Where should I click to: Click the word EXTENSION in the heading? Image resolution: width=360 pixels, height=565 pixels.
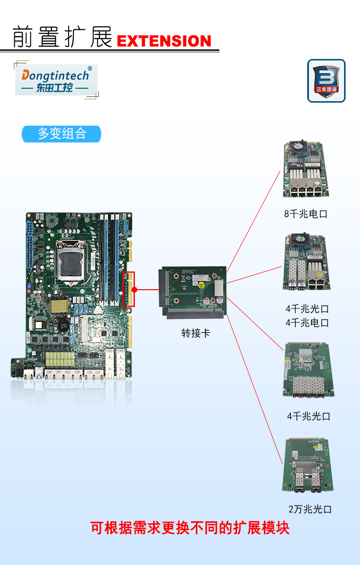tap(164, 41)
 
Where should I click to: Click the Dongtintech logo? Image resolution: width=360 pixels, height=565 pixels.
tap(56, 80)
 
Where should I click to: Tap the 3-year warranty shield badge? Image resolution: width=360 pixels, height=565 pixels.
tap(326, 81)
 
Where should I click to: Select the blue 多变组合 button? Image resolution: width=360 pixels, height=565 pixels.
tap(61, 134)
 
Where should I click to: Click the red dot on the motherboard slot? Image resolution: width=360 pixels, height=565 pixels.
tap(135, 290)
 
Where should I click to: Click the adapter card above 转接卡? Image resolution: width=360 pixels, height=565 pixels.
tap(191, 293)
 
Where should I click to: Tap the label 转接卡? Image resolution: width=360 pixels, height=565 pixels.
tap(195, 333)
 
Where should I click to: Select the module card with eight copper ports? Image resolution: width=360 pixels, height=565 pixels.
tap(306, 169)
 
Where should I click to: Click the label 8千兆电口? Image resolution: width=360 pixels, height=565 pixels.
tap(305, 214)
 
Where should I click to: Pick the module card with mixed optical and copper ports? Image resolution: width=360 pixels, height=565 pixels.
tap(306, 262)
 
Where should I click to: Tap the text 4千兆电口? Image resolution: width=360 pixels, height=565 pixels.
tap(307, 323)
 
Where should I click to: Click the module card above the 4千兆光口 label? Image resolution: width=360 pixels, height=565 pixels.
tap(309, 370)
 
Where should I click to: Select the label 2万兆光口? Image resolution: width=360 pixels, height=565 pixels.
tap(310, 509)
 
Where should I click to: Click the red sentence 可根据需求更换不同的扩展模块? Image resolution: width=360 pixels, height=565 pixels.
tap(190, 529)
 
